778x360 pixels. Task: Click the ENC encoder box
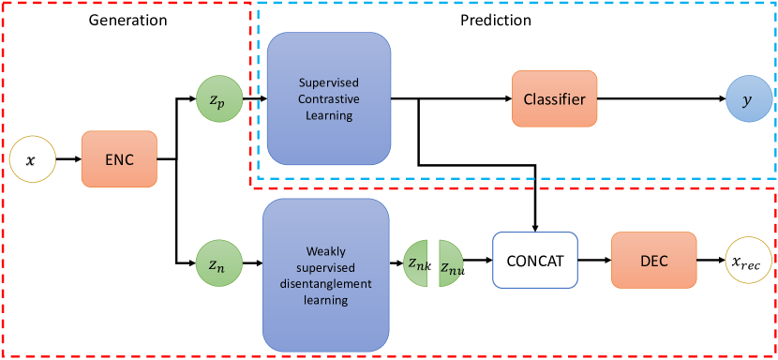click(x=120, y=158)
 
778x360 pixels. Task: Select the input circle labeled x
click(x=33, y=160)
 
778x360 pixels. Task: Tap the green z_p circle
click(x=218, y=99)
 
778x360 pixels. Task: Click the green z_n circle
click(x=218, y=262)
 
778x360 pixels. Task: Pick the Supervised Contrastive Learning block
click(x=329, y=98)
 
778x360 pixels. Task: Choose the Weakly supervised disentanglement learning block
click(x=325, y=276)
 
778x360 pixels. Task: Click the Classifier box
click(x=555, y=98)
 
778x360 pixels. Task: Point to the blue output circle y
click(x=749, y=98)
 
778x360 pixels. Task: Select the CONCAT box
click(x=535, y=261)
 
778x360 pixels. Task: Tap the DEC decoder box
click(x=654, y=261)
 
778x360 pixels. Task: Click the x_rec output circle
click(x=749, y=261)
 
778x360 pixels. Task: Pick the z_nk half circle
click(x=416, y=263)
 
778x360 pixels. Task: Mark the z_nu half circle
click(x=451, y=263)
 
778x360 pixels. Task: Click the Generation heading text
click(x=127, y=20)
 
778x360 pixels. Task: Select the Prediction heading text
click(x=496, y=20)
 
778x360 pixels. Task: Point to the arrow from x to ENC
click(x=69, y=159)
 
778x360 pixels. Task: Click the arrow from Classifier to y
click(x=662, y=98)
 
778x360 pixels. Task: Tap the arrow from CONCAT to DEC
click(x=595, y=260)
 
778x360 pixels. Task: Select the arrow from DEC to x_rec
click(x=711, y=260)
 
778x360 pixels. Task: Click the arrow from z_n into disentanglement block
click(x=252, y=263)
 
